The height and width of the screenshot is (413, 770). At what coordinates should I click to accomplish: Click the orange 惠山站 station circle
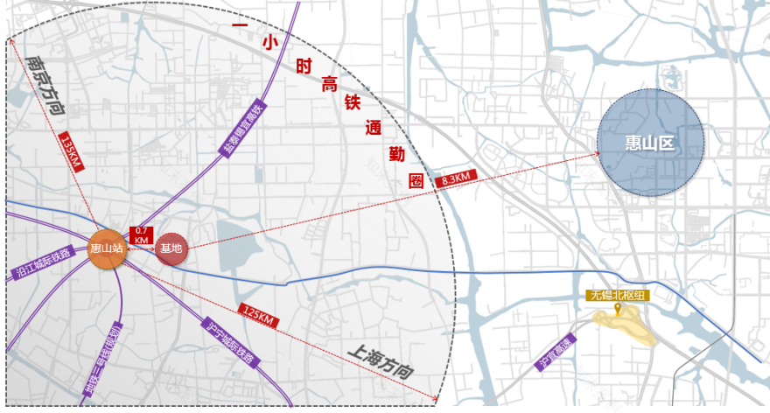pyautogui.click(x=107, y=248)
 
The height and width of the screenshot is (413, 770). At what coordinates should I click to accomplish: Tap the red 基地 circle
pyautogui.click(x=171, y=248)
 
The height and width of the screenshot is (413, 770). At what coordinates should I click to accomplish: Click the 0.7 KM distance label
pyautogui.click(x=140, y=234)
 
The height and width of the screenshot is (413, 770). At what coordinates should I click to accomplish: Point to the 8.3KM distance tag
pyautogui.click(x=455, y=179)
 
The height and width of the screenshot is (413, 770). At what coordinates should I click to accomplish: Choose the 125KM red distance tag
pyautogui.click(x=258, y=316)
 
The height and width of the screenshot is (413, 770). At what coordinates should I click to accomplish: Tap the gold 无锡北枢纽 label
pyautogui.click(x=618, y=295)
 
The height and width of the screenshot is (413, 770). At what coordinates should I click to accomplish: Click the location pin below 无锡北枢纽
pyautogui.click(x=618, y=308)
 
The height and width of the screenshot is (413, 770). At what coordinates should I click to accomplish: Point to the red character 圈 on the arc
pyautogui.click(x=416, y=181)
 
